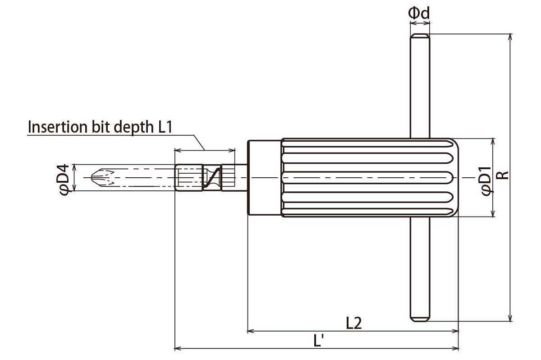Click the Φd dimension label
click(419, 13)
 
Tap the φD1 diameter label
click(486, 181)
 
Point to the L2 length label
click(354, 323)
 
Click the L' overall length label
click(319, 341)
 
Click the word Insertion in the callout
click(58, 127)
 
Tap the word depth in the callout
click(133, 127)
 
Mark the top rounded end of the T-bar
click(420, 36)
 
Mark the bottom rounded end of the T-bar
click(420, 318)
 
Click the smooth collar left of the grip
click(265, 177)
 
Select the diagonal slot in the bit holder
click(212, 178)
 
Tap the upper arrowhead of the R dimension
click(510, 37)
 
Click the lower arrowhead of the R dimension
click(510, 318)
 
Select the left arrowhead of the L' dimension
click(178, 348)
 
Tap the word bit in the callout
click(101, 127)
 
